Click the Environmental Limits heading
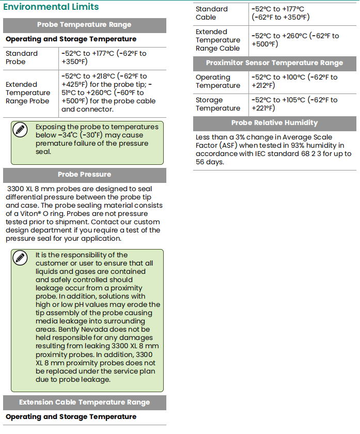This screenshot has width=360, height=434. click(x=51, y=7)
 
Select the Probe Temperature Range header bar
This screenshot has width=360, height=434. click(x=84, y=25)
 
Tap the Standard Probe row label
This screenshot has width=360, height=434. click(x=22, y=57)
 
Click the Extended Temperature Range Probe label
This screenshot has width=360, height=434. click(x=28, y=92)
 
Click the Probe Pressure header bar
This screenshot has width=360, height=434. click(x=84, y=175)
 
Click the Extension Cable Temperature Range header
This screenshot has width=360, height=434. click(x=84, y=402)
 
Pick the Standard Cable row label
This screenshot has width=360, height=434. click(x=212, y=13)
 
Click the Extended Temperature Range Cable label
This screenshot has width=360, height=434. click(x=217, y=40)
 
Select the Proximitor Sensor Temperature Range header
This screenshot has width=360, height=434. click(x=274, y=63)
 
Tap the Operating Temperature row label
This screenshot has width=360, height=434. click(x=217, y=81)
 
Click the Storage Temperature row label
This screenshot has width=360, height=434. click(x=217, y=104)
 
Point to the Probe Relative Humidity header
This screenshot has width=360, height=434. click(x=274, y=123)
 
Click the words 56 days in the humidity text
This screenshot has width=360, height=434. click(x=210, y=162)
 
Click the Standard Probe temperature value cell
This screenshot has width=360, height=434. click(x=104, y=57)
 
